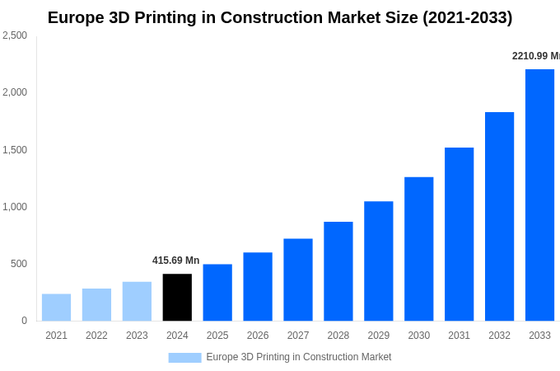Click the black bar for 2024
point(177,298)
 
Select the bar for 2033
point(539,195)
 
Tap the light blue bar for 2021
point(56,308)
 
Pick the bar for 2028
point(338,271)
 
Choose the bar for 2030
point(418,249)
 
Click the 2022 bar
point(96,305)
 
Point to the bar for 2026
point(258,287)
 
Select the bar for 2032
point(499,217)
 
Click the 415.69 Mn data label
point(175,261)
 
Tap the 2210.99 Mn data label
point(535,56)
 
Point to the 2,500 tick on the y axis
point(15,35)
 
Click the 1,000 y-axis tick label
point(15,207)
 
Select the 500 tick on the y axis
point(18,264)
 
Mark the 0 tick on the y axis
point(24,321)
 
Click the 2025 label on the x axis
point(217,336)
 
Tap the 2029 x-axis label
point(378,336)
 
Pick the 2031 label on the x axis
point(459,336)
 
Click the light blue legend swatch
point(184,358)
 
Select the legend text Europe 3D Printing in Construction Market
point(298,357)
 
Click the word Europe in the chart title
point(76,17)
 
